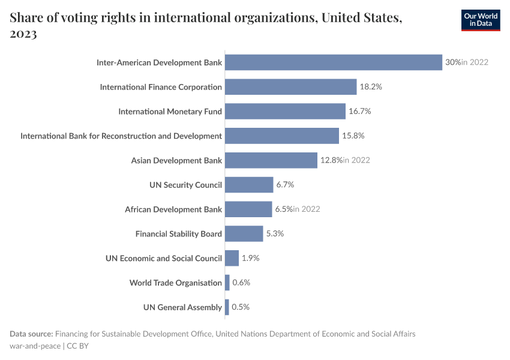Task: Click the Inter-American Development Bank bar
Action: coord(334,62)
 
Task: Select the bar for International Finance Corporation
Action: coord(291,87)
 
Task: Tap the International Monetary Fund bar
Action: coord(285,112)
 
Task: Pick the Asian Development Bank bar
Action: coord(271,160)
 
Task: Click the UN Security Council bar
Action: coord(249,185)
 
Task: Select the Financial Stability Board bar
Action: coord(244,234)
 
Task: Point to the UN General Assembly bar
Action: coord(227,307)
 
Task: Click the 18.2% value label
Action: coord(371,87)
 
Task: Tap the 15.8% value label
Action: coord(353,136)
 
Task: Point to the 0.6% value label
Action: coord(241,283)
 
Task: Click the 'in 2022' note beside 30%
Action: coord(475,62)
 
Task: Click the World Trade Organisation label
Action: coord(176,283)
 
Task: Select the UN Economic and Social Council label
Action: coord(164,259)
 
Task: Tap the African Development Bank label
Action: coord(173,209)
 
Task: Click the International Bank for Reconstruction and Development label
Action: coord(121,136)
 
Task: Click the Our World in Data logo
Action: coord(480,20)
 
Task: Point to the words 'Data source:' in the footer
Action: coord(31,334)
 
